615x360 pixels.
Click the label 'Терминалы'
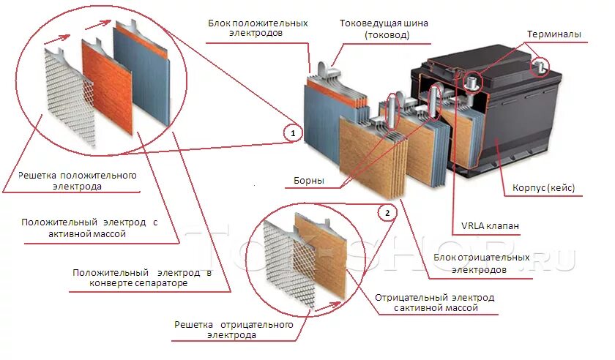point(554,34)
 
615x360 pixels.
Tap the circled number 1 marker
point(293,133)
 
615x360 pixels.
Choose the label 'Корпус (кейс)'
point(538,188)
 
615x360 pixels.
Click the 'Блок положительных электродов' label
point(257,29)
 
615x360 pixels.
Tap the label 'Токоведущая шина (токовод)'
point(384,29)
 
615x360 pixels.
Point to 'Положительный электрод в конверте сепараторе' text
point(142,277)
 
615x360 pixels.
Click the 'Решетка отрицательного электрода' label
point(234,329)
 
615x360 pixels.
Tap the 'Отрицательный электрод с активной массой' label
point(434,303)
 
